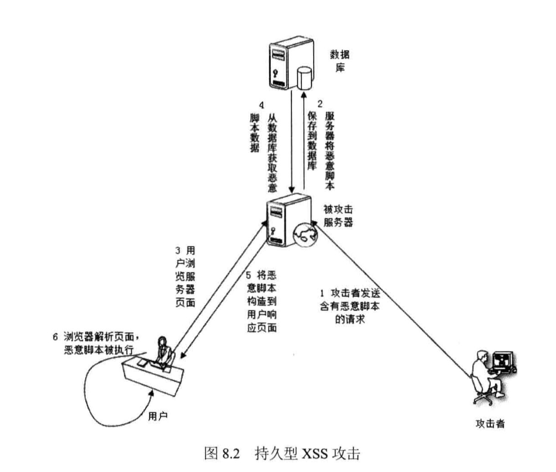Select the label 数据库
(x=340, y=61)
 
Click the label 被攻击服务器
(x=338, y=216)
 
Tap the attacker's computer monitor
(x=503, y=362)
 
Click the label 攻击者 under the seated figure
(x=490, y=423)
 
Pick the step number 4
(x=261, y=104)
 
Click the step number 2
(x=320, y=104)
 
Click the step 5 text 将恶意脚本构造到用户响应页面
(x=262, y=301)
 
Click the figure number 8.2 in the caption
(x=231, y=453)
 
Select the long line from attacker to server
(x=392, y=301)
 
